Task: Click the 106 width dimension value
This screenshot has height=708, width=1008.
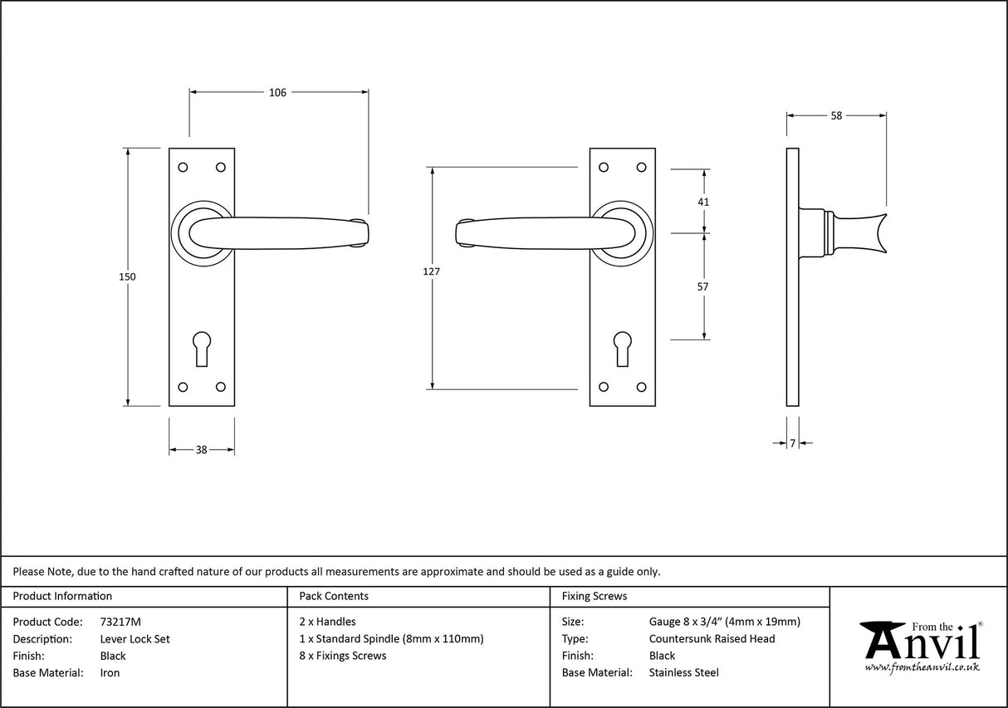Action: (x=277, y=93)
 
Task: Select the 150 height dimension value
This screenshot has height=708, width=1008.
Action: (x=127, y=277)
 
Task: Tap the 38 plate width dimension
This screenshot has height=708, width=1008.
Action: (x=201, y=450)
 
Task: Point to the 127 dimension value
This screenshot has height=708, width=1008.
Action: (x=432, y=271)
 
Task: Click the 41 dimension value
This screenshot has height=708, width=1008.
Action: (x=704, y=202)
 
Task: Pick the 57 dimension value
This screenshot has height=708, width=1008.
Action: (x=704, y=286)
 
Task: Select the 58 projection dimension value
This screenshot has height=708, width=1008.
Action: (x=836, y=116)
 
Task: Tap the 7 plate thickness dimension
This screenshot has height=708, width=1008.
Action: (x=792, y=444)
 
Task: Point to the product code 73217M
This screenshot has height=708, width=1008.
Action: (x=120, y=622)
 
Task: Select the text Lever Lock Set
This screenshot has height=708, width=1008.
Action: (x=135, y=639)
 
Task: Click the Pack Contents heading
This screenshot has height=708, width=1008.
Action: (x=334, y=596)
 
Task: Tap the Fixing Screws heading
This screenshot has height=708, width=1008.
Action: (x=595, y=596)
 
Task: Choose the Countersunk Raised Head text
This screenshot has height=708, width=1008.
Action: (x=712, y=639)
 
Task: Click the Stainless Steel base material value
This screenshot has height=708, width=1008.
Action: (x=683, y=673)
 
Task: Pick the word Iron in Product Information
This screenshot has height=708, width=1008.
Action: (x=110, y=673)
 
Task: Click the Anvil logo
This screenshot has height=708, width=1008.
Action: (x=920, y=646)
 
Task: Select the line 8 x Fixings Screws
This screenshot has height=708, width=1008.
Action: (x=342, y=656)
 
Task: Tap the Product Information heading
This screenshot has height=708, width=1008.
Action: (x=62, y=596)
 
